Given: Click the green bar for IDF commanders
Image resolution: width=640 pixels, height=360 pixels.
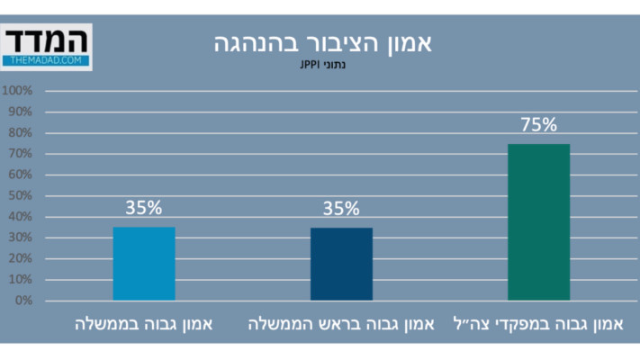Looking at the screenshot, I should (x=538, y=221).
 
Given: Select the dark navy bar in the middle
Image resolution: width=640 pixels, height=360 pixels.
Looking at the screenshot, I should (x=341, y=264).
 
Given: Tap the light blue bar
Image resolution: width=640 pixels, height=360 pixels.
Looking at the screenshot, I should (x=144, y=264).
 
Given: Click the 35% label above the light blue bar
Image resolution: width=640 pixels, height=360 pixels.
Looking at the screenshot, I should (x=144, y=208).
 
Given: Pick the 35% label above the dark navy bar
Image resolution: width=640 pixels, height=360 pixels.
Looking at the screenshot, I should (x=341, y=209).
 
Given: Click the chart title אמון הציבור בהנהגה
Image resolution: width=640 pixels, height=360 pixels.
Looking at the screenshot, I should (x=324, y=42).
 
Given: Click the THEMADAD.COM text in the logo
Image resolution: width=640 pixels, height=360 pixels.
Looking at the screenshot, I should (x=47, y=60).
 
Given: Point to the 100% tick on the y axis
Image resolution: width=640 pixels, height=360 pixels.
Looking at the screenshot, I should (x=18, y=91).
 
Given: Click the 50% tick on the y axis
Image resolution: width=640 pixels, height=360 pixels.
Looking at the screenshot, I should (x=20, y=195).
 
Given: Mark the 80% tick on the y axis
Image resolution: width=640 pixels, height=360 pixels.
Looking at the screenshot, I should (x=20, y=132).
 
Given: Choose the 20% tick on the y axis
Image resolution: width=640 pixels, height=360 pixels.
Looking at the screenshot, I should (x=20, y=258).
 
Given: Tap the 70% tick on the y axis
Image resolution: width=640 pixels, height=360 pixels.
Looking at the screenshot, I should (x=20, y=154).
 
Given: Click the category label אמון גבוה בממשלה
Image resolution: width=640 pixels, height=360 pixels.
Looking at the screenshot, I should (x=144, y=323).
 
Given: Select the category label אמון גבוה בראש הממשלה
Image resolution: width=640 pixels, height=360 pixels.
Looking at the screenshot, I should (x=341, y=323).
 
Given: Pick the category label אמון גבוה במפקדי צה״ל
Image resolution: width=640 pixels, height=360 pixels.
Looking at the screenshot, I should (x=538, y=323).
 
